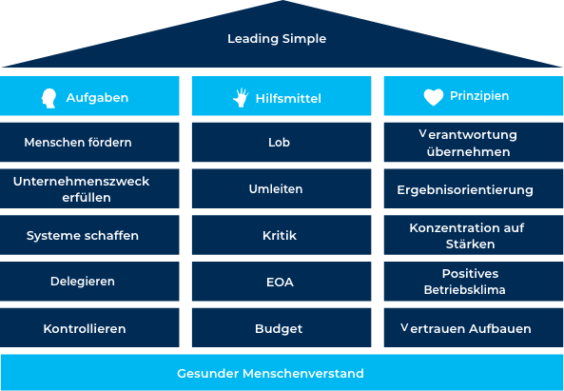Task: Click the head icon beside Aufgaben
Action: pos(49,98)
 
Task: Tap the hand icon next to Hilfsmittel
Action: pos(241,97)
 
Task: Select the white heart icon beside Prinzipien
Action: pos(434,97)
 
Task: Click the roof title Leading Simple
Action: pos(277,38)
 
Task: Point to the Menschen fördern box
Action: pos(89,142)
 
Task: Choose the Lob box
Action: pos(282,142)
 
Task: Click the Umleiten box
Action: pos(282,188)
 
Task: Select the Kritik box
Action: pos(282,235)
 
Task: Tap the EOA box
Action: pos(282,282)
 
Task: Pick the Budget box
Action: pos(282,327)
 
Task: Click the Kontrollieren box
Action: pos(89,327)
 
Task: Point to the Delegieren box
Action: pos(89,282)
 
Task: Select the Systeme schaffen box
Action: pos(89,235)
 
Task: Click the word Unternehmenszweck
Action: pos(81,182)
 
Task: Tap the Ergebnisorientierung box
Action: pos(474,188)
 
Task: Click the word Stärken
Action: pos(470,244)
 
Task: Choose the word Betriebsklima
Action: pos(464,289)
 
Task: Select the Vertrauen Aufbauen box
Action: pos(474,327)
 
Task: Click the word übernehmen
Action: pos(468,151)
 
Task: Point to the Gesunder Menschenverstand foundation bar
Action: pos(282,372)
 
